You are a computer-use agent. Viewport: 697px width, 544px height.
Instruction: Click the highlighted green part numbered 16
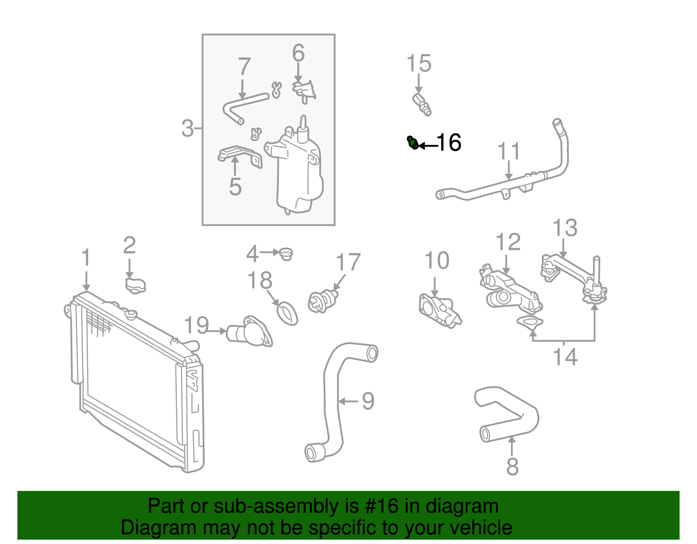click(x=413, y=142)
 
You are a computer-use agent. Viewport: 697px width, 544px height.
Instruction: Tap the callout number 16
click(x=449, y=142)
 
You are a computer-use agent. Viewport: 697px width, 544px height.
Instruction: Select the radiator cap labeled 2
click(x=135, y=285)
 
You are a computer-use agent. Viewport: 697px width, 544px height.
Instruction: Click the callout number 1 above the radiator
click(x=86, y=258)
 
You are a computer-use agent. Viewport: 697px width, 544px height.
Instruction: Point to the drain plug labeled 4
click(x=286, y=253)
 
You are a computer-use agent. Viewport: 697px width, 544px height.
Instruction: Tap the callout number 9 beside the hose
click(x=368, y=401)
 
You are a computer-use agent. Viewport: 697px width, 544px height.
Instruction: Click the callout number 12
click(x=508, y=242)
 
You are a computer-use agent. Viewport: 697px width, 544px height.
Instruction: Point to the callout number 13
click(x=565, y=228)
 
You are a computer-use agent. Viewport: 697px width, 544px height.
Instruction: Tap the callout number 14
click(x=565, y=357)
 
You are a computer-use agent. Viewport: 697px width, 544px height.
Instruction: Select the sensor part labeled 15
click(x=421, y=104)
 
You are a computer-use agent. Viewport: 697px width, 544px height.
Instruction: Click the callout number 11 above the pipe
click(x=509, y=152)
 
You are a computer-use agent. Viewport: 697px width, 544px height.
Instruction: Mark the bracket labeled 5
click(x=240, y=155)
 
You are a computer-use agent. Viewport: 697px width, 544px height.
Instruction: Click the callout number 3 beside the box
click(x=187, y=128)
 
